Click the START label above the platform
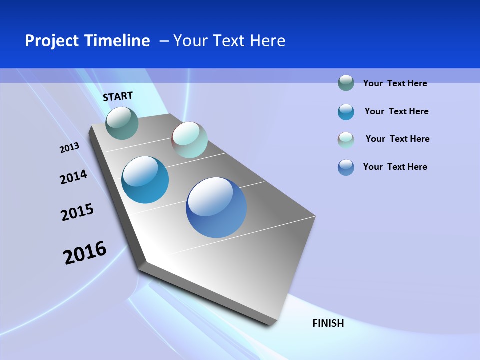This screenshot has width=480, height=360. point(118,96)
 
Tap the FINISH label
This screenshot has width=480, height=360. point(328,323)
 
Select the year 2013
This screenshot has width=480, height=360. point(69,148)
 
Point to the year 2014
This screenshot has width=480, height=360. point(73,177)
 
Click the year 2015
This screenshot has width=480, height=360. point(77,212)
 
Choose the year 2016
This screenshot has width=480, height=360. point(85,253)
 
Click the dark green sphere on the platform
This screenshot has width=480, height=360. point(122,123)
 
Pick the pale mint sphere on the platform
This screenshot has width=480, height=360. point(189,140)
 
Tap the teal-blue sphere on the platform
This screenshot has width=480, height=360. point(145,180)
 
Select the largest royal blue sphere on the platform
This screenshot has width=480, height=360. point(216,207)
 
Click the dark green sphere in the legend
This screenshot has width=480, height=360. point(346,83)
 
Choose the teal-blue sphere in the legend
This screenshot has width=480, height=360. point(346,112)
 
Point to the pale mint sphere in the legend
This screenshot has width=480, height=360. point(346,140)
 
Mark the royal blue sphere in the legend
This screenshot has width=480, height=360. point(346,167)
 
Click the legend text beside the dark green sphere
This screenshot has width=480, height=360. point(395,83)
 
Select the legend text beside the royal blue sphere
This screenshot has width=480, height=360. point(395,167)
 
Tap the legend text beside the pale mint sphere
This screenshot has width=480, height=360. point(397,139)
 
